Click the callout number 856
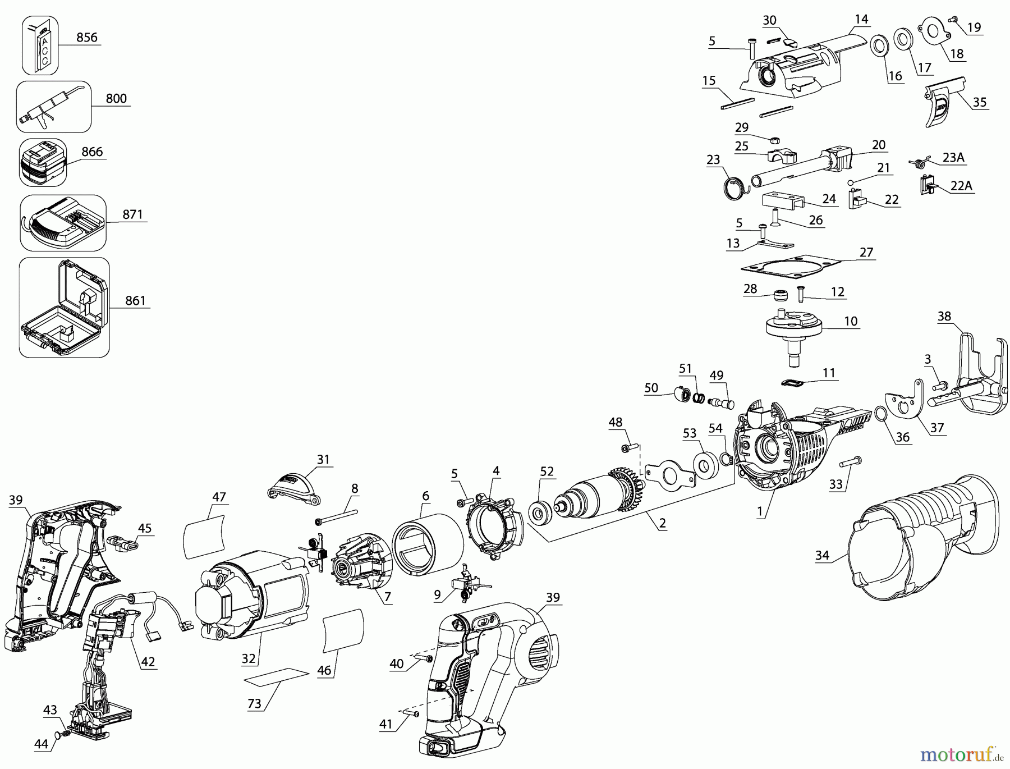tap(86, 38)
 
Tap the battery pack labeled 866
tap(43, 163)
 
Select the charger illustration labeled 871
tap(62, 223)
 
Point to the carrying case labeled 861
tap(63, 307)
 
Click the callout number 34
tap(822, 556)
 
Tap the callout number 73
tap(255, 704)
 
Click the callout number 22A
tap(961, 186)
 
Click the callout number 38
tap(944, 316)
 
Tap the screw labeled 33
tap(851, 463)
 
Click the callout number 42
tap(148, 662)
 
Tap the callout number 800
tap(116, 99)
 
